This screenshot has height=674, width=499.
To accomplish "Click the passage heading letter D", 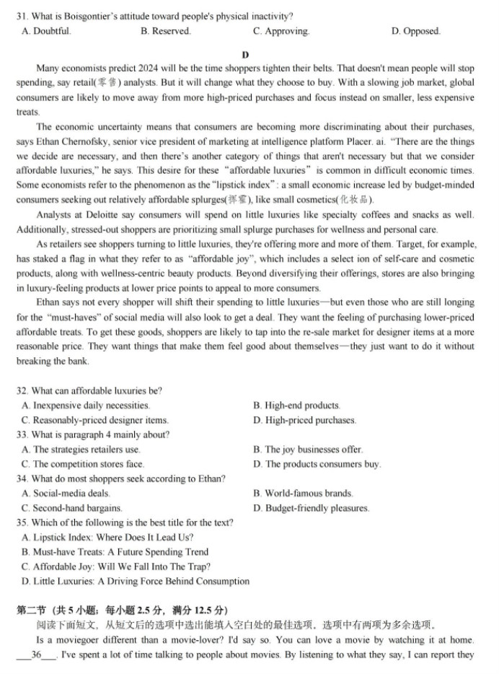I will [246, 55].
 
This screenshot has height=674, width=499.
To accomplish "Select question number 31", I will [22, 16].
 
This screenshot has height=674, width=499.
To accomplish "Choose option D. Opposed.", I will [415, 31].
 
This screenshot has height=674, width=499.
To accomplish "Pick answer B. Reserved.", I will [166, 31].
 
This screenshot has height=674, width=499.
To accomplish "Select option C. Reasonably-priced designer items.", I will [95, 420].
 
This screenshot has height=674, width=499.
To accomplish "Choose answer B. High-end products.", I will [296, 406].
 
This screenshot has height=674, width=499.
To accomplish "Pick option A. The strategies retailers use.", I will [81, 450].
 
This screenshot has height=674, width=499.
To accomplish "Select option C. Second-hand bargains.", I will [72, 508].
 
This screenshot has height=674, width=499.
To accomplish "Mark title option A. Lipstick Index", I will [107, 538].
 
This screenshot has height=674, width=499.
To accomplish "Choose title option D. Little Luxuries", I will [136, 581].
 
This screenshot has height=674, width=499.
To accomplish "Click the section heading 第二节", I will [32, 610].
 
